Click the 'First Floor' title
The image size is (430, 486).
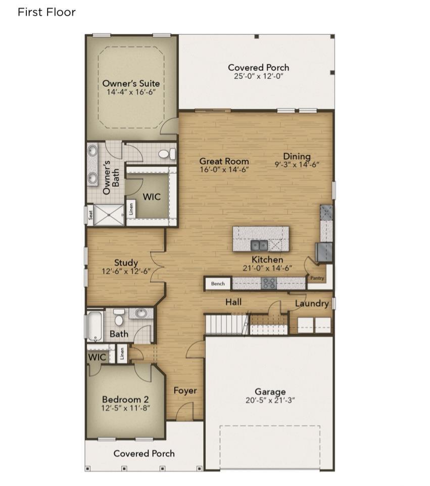click(46, 12)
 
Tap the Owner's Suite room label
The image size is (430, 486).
click(131, 83)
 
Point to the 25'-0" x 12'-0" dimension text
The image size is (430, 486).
click(259, 76)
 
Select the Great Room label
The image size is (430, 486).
click(224, 161)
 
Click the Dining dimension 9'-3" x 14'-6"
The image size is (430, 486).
click(297, 165)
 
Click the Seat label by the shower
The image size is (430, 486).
click(90, 215)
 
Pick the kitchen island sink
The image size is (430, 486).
click(259, 246)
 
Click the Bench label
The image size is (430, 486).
click(218, 283)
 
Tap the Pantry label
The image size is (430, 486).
click(317, 278)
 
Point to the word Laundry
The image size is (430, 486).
click(312, 304)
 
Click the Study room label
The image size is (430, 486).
click(126, 263)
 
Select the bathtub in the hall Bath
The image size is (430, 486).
click(95, 326)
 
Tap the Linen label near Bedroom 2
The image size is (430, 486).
click(122, 354)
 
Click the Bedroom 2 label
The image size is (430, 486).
click(125, 400)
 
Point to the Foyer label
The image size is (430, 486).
click(185, 391)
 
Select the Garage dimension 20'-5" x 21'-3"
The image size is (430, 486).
click(270, 401)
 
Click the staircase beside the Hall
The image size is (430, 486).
click(227, 324)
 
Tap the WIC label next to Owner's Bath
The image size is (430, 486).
click(152, 197)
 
